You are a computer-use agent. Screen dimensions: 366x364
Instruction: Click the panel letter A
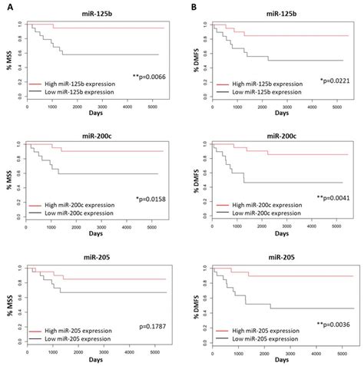pyautogui.click(x=5, y=5)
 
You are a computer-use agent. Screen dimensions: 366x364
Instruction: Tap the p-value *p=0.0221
pyautogui.click(x=339, y=80)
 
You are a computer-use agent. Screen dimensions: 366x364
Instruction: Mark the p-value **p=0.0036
pyautogui.click(x=336, y=325)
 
